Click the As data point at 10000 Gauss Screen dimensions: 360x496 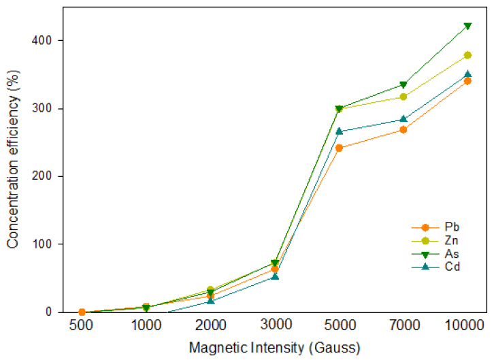tap(467, 26)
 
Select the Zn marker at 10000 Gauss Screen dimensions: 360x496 tap(467, 55)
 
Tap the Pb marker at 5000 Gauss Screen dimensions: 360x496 tap(339, 148)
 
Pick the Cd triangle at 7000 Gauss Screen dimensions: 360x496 tap(403, 119)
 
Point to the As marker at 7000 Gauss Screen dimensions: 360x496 tap(403, 85)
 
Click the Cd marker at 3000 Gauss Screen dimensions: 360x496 tap(275, 276)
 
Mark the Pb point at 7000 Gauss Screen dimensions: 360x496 tap(403, 129)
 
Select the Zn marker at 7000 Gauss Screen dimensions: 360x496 tap(403, 97)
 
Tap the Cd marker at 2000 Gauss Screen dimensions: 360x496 tap(211, 300)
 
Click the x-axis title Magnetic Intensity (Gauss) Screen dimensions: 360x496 tap(274, 348)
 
